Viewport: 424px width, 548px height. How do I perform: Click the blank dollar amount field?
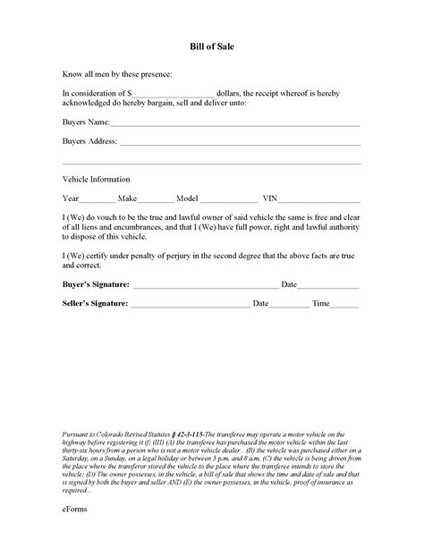point(174,93)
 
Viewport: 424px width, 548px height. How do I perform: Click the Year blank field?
point(98,198)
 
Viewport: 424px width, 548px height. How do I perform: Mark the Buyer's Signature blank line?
point(206,286)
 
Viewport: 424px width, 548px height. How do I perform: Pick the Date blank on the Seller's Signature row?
point(289,305)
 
